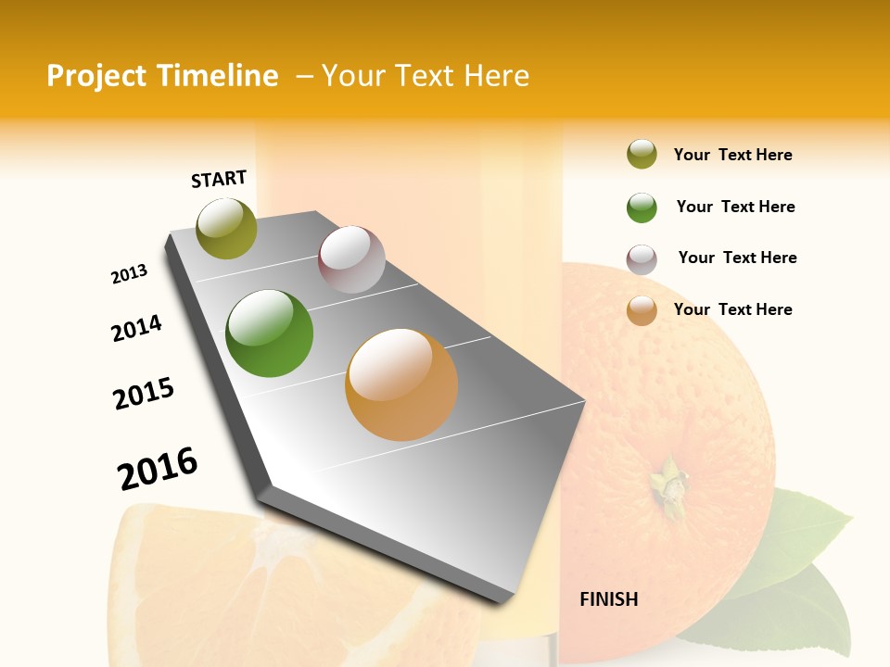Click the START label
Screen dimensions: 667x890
pos(219,179)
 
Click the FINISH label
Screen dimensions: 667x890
pos(608,599)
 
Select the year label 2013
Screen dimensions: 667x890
pos(129,274)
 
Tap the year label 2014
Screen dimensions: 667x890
pos(136,328)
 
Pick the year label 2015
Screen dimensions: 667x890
pos(144,394)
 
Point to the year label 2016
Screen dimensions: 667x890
pos(158,468)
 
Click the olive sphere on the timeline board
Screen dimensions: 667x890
pos(227,228)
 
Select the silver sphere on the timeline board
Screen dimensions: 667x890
pos(351,259)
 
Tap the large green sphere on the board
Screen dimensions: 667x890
pos(270,333)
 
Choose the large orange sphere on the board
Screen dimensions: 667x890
pos(401,384)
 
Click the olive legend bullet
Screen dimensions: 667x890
pos(642,155)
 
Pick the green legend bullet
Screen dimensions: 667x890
pos(642,208)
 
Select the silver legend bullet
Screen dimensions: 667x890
pos(642,259)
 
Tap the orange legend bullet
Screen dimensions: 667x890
pos(642,310)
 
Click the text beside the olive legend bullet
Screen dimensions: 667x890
pos(732,155)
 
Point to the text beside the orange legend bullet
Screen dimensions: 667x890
pos(732,309)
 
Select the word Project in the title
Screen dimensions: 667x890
pos(97,76)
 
